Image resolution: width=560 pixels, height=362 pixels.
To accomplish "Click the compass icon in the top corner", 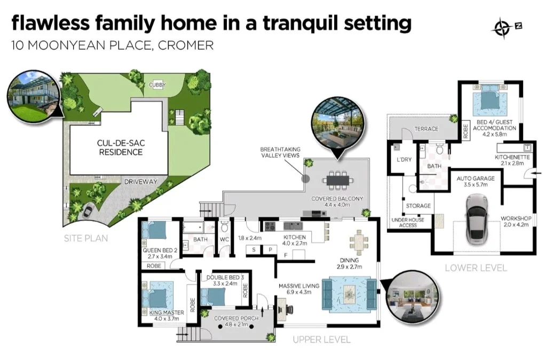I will [x=502, y=26].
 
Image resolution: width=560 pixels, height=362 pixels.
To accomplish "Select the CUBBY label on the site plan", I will [x=157, y=85].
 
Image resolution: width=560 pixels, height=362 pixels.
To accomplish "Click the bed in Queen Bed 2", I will [x=155, y=231].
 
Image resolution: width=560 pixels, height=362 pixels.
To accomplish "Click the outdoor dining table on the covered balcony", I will [x=339, y=180].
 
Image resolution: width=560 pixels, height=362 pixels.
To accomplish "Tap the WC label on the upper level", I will [x=225, y=240].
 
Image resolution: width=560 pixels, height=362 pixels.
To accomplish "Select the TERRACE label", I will [x=426, y=129].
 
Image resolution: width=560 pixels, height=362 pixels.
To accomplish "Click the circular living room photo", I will [x=412, y=296].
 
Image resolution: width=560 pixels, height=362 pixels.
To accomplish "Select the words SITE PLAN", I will [x=85, y=238].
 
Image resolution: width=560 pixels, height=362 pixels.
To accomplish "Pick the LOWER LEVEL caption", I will [x=476, y=267].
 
